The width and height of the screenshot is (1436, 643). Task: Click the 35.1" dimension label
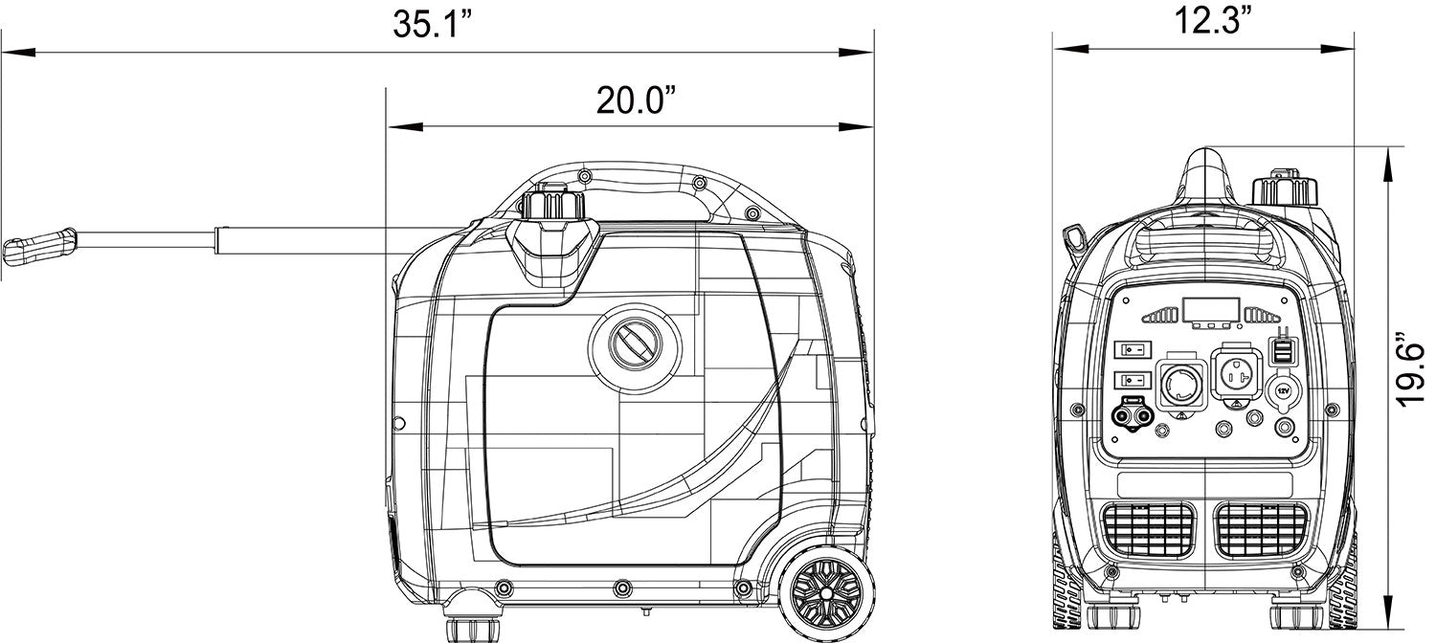[433, 25]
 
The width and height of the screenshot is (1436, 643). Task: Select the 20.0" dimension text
[636, 100]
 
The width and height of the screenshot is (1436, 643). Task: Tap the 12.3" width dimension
[1203, 20]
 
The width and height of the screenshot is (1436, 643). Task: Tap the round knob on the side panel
[636, 346]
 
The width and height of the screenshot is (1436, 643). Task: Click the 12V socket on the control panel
[1283, 390]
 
